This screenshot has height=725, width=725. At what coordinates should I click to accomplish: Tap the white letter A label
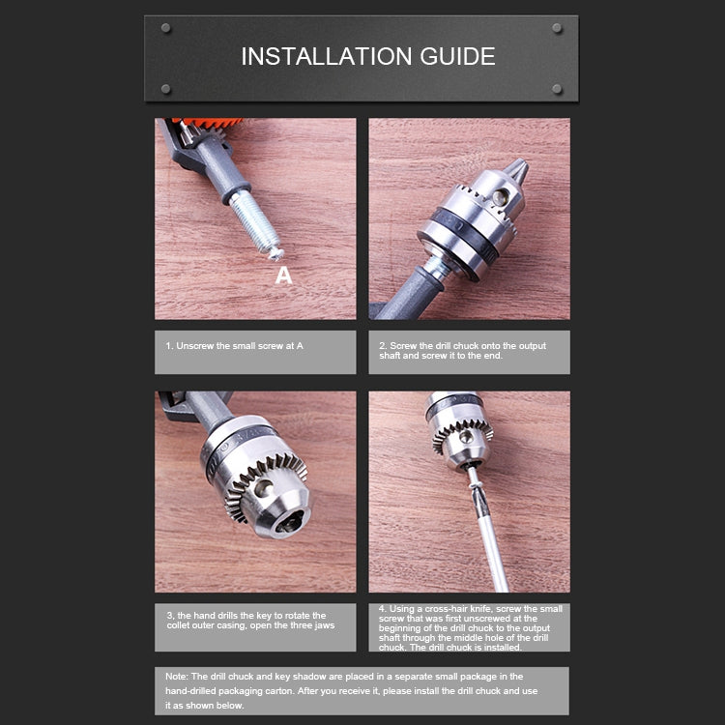coord(283,276)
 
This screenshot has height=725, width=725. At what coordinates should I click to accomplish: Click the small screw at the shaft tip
coord(275,252)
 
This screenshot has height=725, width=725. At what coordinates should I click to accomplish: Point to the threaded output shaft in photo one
coord(253,221)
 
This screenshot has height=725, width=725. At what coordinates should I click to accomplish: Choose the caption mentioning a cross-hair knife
coord(469,627)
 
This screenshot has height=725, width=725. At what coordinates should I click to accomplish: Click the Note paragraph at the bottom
coord(362,690)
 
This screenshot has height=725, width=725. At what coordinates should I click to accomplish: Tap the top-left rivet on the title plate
coord(165,28)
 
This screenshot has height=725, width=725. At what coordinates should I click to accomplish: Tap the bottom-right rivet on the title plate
coord(557,89)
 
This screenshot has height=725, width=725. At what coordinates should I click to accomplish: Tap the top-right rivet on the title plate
coord(557,28)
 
